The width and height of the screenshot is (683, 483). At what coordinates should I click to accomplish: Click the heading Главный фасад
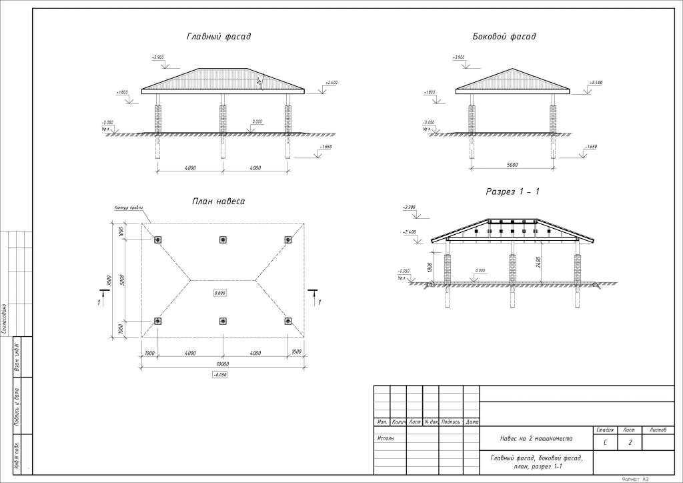point(218,37)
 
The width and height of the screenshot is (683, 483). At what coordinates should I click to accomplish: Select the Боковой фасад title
point(504,37)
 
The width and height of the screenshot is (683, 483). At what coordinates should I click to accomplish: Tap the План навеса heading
point(218,201)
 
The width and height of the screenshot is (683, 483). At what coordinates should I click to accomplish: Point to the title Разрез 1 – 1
point(512,192)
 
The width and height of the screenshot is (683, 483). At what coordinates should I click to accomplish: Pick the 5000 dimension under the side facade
point(512,164)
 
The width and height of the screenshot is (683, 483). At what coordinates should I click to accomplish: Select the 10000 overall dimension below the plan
point(223,364)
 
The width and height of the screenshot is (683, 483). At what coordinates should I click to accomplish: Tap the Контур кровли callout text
point(129,208)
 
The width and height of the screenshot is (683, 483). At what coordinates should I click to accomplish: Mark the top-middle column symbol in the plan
point(223,240)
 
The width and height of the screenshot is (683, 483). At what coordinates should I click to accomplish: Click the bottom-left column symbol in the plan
point(158,322)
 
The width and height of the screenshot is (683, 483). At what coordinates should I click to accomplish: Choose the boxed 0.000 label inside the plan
point(220,293)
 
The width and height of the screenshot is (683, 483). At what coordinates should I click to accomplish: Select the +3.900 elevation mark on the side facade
point(458,58)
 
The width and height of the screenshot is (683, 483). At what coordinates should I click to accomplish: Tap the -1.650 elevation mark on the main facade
point(326,145)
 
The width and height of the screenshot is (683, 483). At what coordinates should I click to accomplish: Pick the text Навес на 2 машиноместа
point(537,439)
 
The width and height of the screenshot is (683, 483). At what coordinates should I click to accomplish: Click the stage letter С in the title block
point(605,442)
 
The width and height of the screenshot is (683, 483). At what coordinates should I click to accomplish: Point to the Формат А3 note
point(635,478)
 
